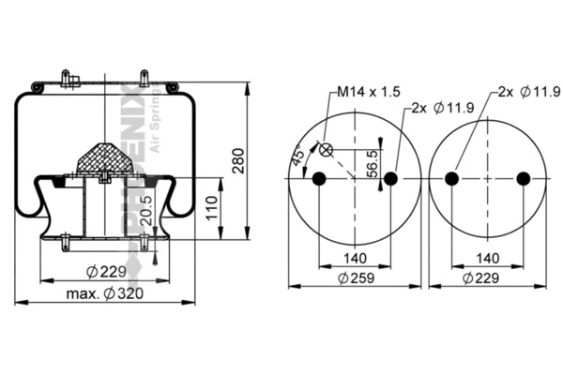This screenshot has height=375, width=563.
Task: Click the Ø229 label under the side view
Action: (x=105, y=272)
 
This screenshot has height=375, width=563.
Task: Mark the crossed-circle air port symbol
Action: (x=327, y=148)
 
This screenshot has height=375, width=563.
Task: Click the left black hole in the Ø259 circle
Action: (x=318, y=179)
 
